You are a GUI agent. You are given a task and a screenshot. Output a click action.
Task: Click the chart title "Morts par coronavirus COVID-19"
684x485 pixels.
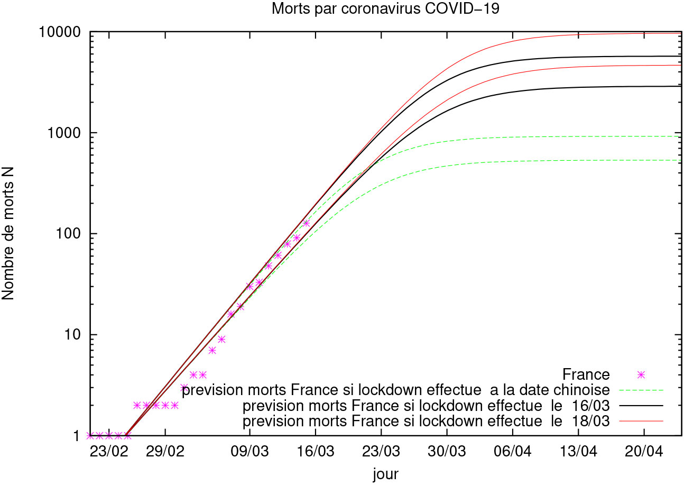pos(385,9)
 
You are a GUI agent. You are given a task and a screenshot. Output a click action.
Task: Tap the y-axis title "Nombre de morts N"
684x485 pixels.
pos(10,234)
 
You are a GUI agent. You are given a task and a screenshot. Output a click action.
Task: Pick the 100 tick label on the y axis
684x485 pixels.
pos(71,234)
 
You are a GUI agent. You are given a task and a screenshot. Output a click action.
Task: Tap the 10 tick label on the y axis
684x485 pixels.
pos(75,335)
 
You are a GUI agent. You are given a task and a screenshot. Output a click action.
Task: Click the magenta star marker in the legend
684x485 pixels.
pos(641,375)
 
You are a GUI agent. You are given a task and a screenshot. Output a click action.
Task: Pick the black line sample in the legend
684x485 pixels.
pos(641,406)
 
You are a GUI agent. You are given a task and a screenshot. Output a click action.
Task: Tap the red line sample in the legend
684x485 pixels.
pos(641,422)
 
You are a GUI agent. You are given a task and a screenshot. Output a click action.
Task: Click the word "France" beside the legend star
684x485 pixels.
pos(586,375)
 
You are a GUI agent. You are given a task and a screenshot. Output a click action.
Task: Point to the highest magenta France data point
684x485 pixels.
pos(306,223)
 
